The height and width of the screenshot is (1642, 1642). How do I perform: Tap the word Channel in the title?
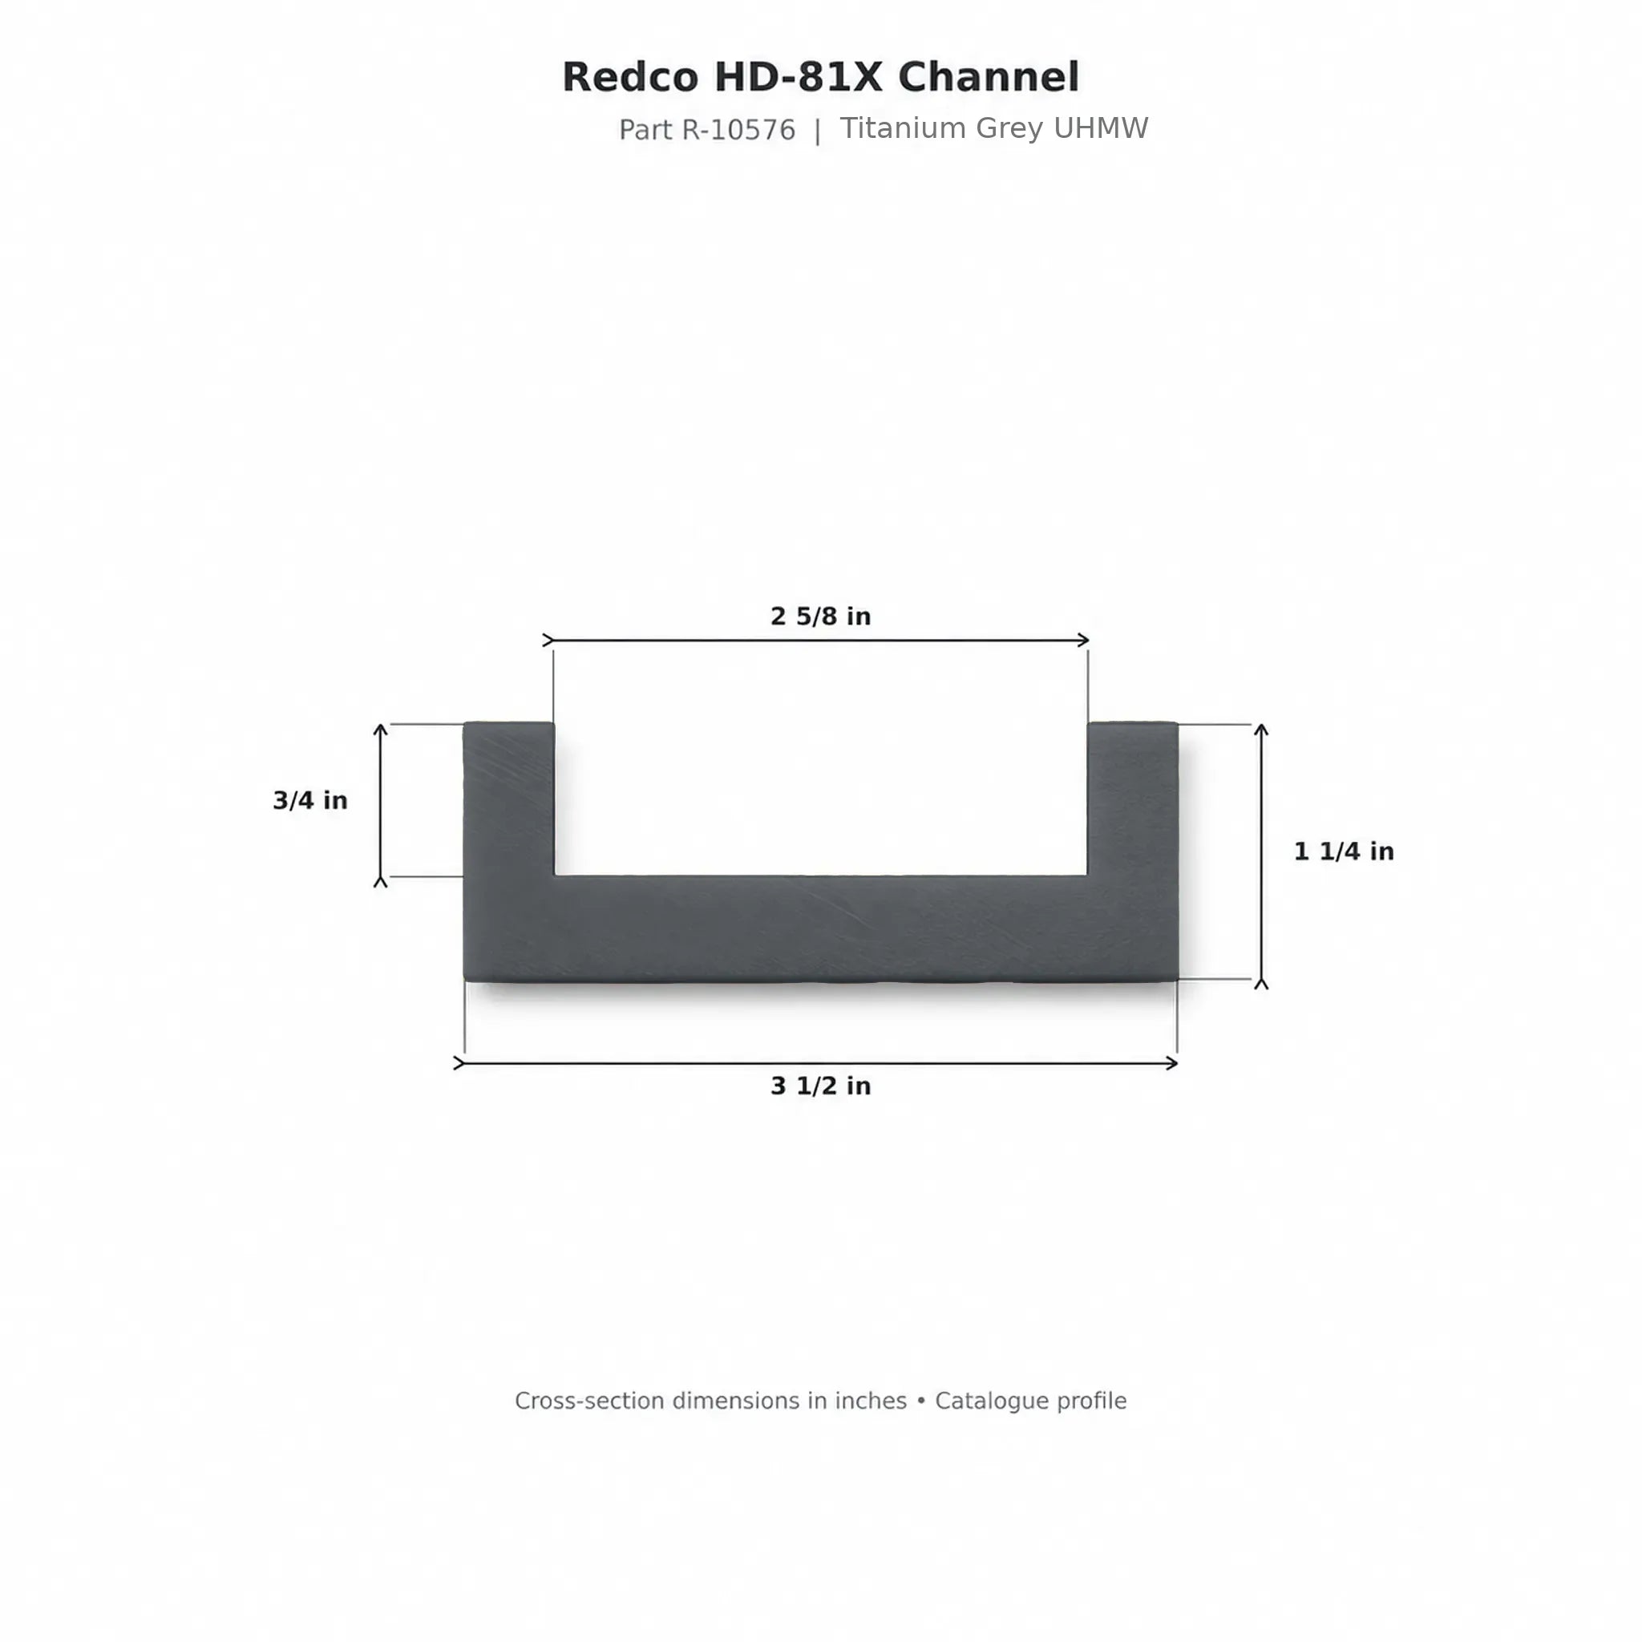[x=989, y=77]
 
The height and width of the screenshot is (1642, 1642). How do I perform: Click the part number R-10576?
[x=738, y=130]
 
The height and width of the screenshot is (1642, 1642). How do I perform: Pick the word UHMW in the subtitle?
[x=1101, y=128]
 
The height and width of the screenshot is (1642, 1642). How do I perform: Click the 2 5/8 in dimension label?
[x=820, y=617]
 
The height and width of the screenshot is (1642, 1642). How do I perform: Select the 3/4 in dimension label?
[x=310, y=801]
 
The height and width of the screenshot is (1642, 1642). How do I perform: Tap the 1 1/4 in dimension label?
[x=1344, y=851]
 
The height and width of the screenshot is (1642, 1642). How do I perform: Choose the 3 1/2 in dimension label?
[x=820, y=1086]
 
